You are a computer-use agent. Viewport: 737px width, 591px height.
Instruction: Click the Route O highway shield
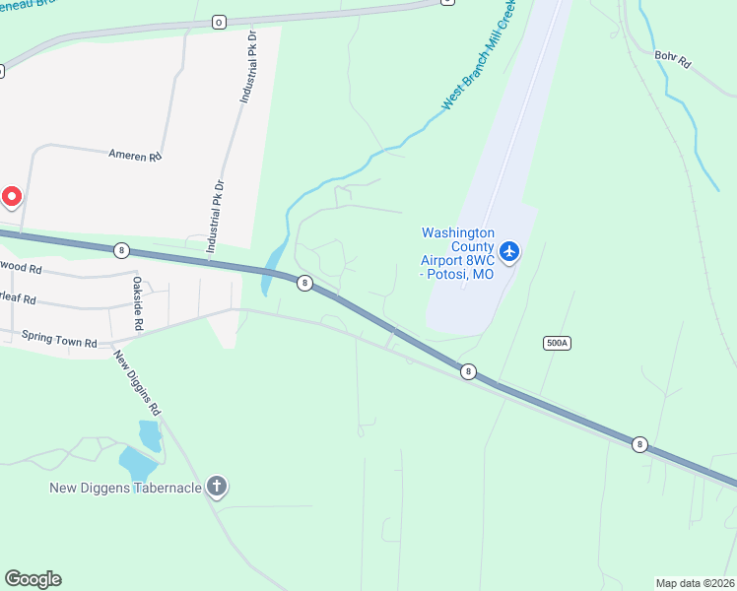219,21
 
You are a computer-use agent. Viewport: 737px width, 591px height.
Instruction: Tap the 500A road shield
557,343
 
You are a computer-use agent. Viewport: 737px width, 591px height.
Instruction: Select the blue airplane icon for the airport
509,252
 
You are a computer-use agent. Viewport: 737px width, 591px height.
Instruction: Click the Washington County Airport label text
457,253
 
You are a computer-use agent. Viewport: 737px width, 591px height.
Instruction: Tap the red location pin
11,197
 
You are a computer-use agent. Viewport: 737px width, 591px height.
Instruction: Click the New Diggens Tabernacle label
126,488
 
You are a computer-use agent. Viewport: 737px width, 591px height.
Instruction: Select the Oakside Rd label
138,303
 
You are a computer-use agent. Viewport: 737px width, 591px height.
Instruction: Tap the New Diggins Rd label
136,382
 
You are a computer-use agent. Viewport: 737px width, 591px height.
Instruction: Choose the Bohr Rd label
673,61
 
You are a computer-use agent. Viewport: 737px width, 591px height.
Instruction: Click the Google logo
33,579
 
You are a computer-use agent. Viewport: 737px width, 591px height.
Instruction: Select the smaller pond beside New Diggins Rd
149,433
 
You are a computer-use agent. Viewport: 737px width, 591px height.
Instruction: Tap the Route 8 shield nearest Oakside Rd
121,250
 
